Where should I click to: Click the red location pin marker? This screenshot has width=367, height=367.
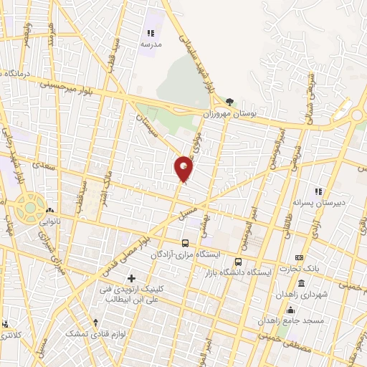pyautogui.click(x=184, y=168)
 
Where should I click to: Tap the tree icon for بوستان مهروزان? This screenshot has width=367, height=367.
pyautogui.click(x=229, y=103)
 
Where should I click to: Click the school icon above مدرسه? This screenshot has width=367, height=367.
pyautogui.click(x=151, y=33)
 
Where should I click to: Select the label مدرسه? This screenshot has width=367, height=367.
pyautogui.click(x=151, y=44)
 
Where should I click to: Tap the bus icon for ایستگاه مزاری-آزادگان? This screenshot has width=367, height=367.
pyautogui.click(x=186, y=243)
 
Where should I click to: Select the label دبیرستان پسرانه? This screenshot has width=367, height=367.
pyautogui.click(x=338, y=203)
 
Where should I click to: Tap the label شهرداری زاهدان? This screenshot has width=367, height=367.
pyautogui.click(x=304, y=294)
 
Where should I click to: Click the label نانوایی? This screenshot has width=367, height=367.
pyautogui.click(x=49, y=221)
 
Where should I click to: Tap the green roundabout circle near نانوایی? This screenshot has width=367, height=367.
pyautogui.click(x=31, y=209)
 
